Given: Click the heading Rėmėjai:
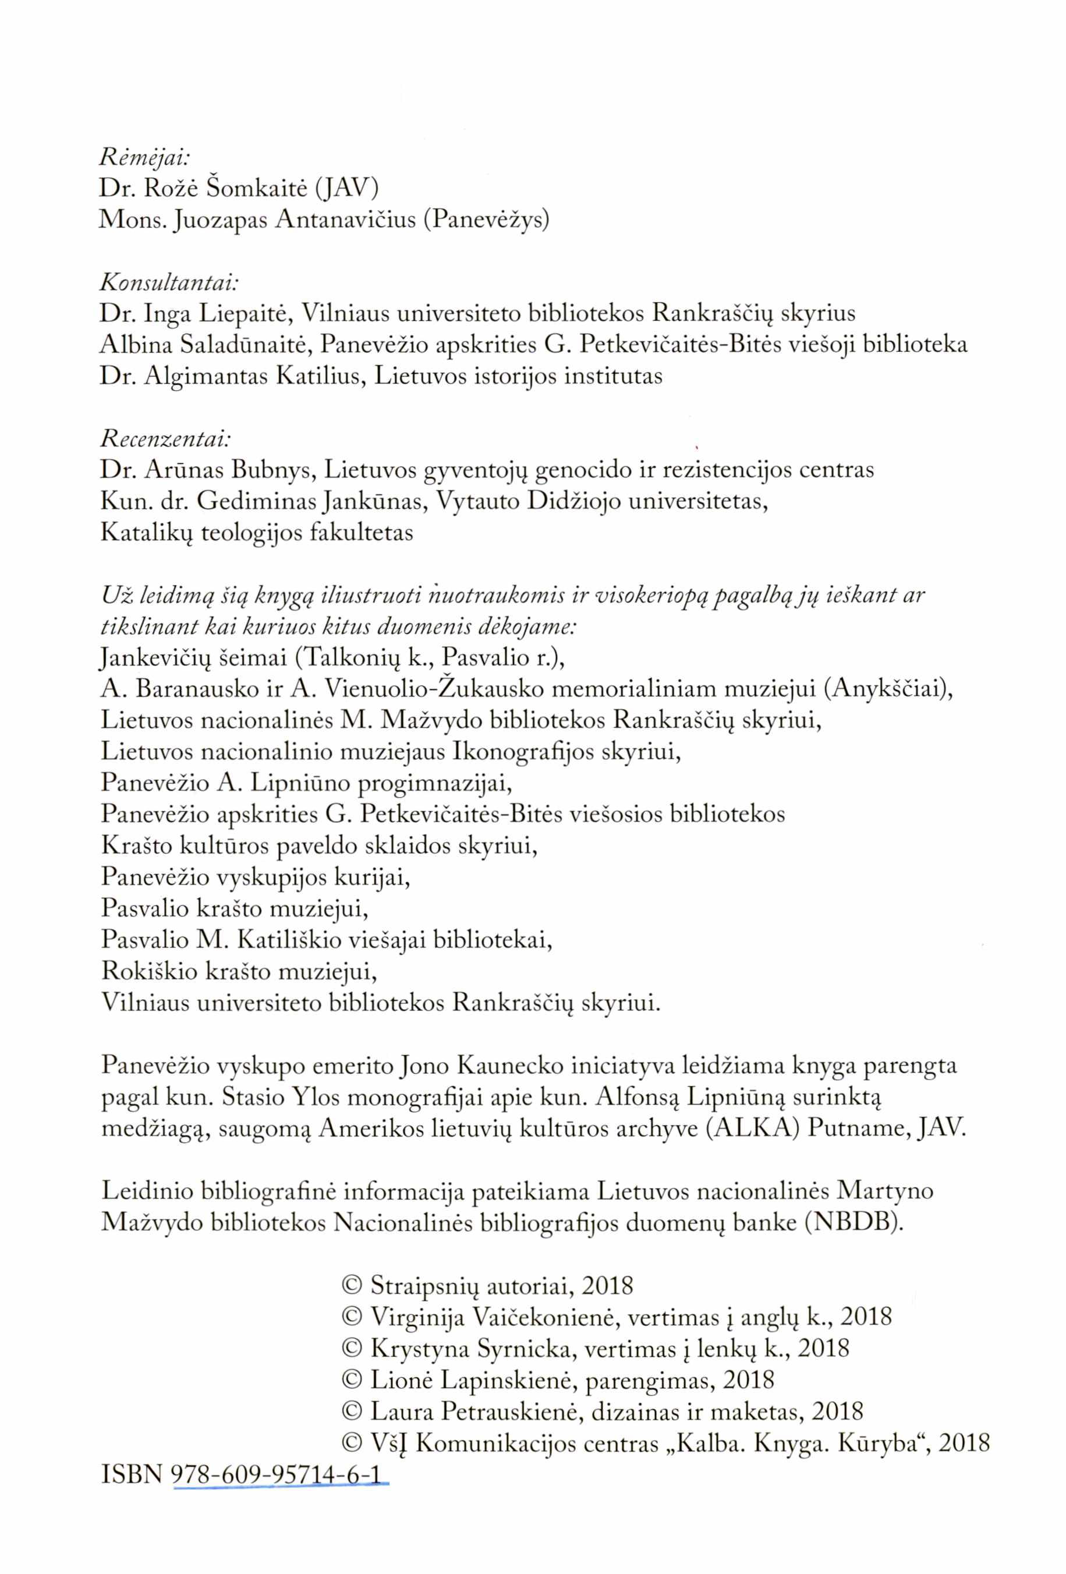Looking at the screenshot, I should [144, 158].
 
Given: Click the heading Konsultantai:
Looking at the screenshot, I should [169, 282].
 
